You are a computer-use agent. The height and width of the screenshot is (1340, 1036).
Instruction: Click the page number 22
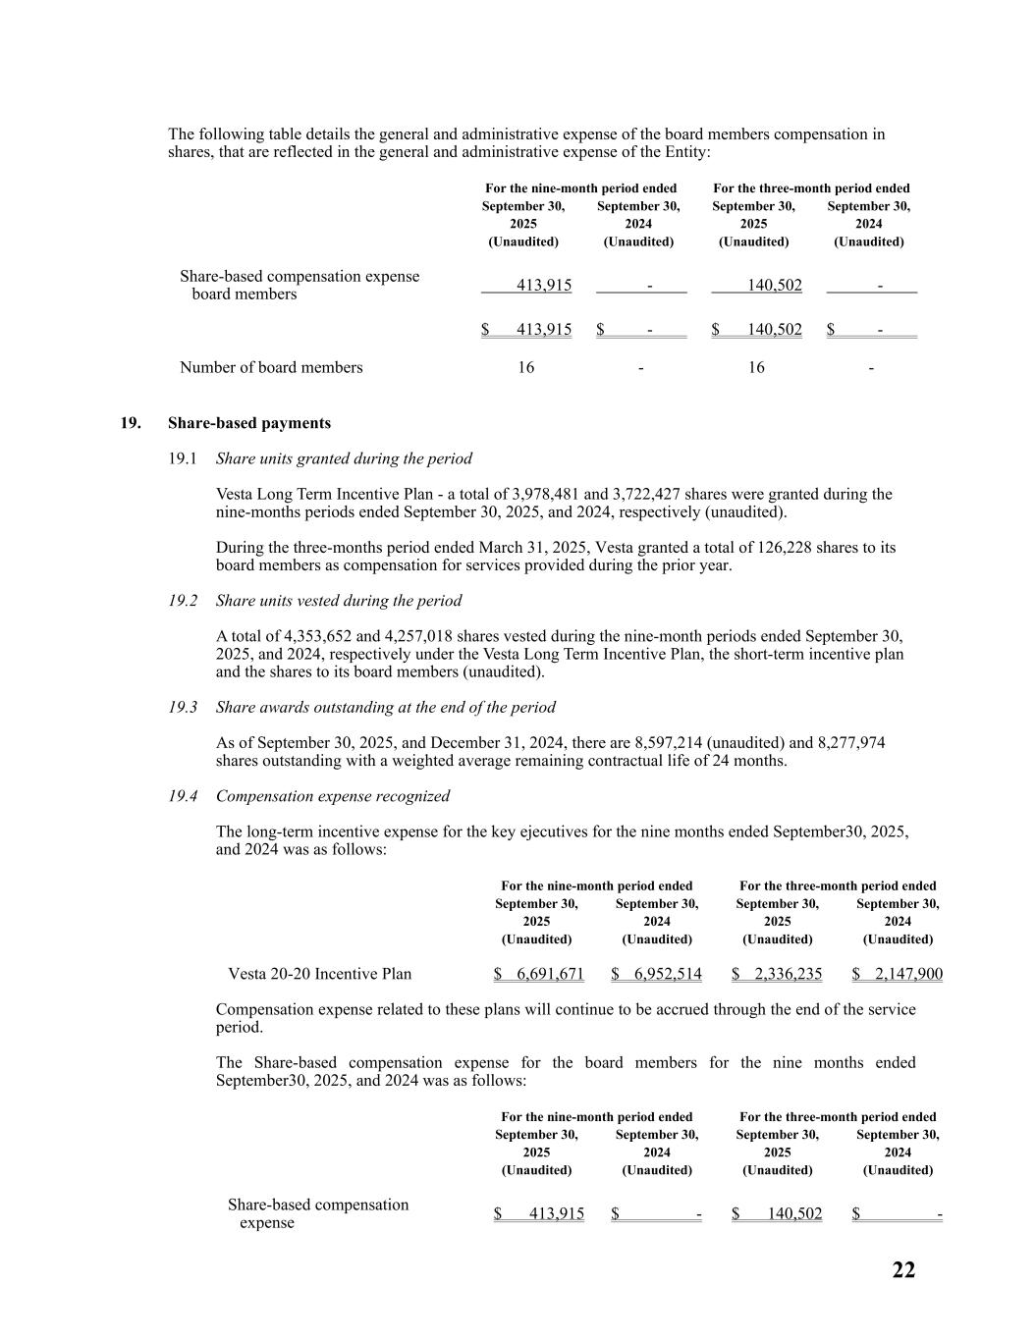click(903, 1270)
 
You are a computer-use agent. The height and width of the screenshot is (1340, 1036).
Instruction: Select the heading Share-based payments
click(249, 423)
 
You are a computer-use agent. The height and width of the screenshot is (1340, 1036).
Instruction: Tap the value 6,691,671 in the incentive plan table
click(549, 974)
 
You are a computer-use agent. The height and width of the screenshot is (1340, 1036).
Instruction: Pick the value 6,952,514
click(668, 974)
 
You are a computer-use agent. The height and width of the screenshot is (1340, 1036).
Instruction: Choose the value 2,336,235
click(788, 974)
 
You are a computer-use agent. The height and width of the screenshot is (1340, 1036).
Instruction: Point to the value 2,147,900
click(908, 974)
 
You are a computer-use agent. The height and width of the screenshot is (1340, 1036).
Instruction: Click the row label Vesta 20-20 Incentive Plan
click(319, 974)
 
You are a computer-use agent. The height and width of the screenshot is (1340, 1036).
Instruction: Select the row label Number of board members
click(271, 367)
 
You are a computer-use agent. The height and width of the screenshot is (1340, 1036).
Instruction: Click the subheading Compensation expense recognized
click(332, 796)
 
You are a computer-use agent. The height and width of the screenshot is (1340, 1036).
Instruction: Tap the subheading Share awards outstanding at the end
click(385, 707)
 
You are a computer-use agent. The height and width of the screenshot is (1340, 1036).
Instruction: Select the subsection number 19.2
click(183, 601)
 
